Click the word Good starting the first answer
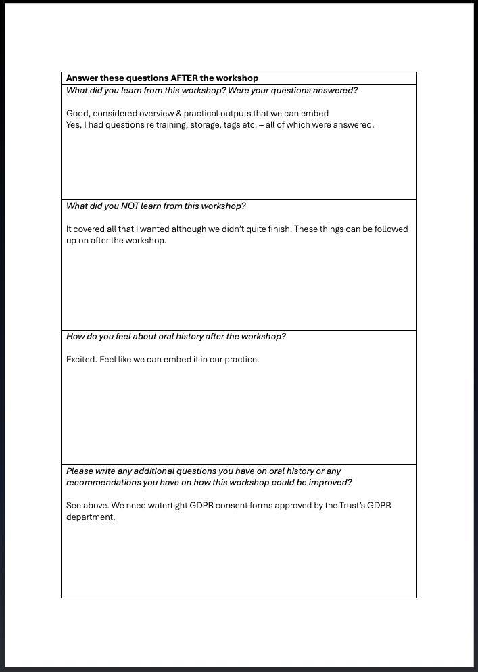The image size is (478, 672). (78, 114)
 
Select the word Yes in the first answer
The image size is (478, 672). (74, 125)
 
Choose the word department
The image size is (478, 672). (90, 517)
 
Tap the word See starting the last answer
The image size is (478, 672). (74, 506)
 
